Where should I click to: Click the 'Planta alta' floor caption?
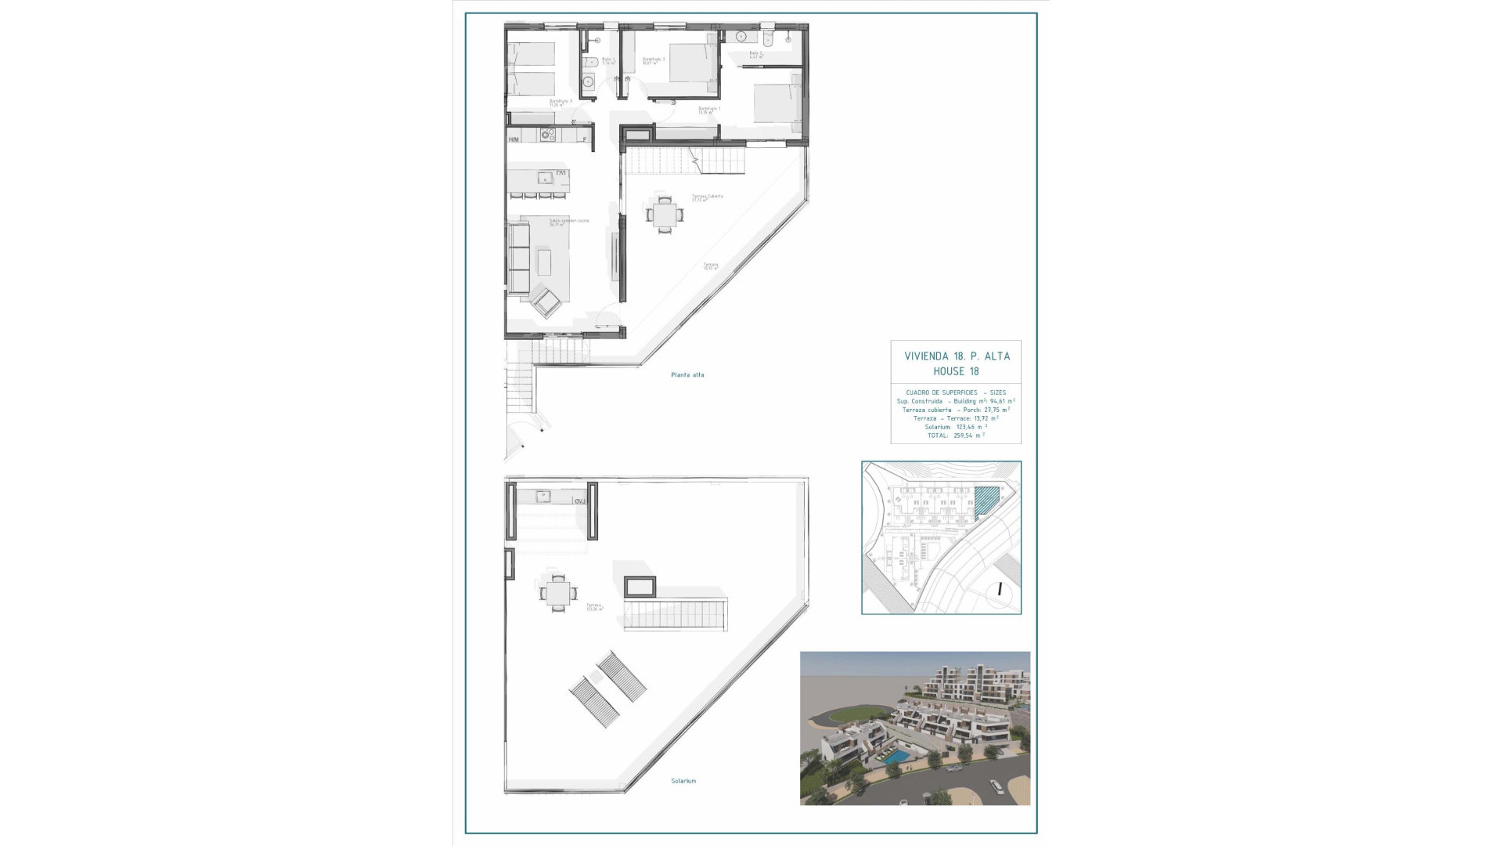click(x=687, y=375)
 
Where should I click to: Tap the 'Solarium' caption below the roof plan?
click(x=683, y=781)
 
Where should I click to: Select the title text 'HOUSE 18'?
click(x=956, y=371)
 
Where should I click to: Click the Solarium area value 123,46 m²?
click(x=971, y=427)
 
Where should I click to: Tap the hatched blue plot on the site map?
click(x=987, y=500)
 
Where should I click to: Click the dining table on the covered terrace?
click(x=664, y=213)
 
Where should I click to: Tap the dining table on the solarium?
click(x=557, y=593)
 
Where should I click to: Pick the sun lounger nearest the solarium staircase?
click(x=622, y=678)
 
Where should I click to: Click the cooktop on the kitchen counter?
click(x=547, y=136)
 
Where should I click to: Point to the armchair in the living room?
click(x=546, y=302)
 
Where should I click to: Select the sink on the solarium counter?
click(x=542, y=495)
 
